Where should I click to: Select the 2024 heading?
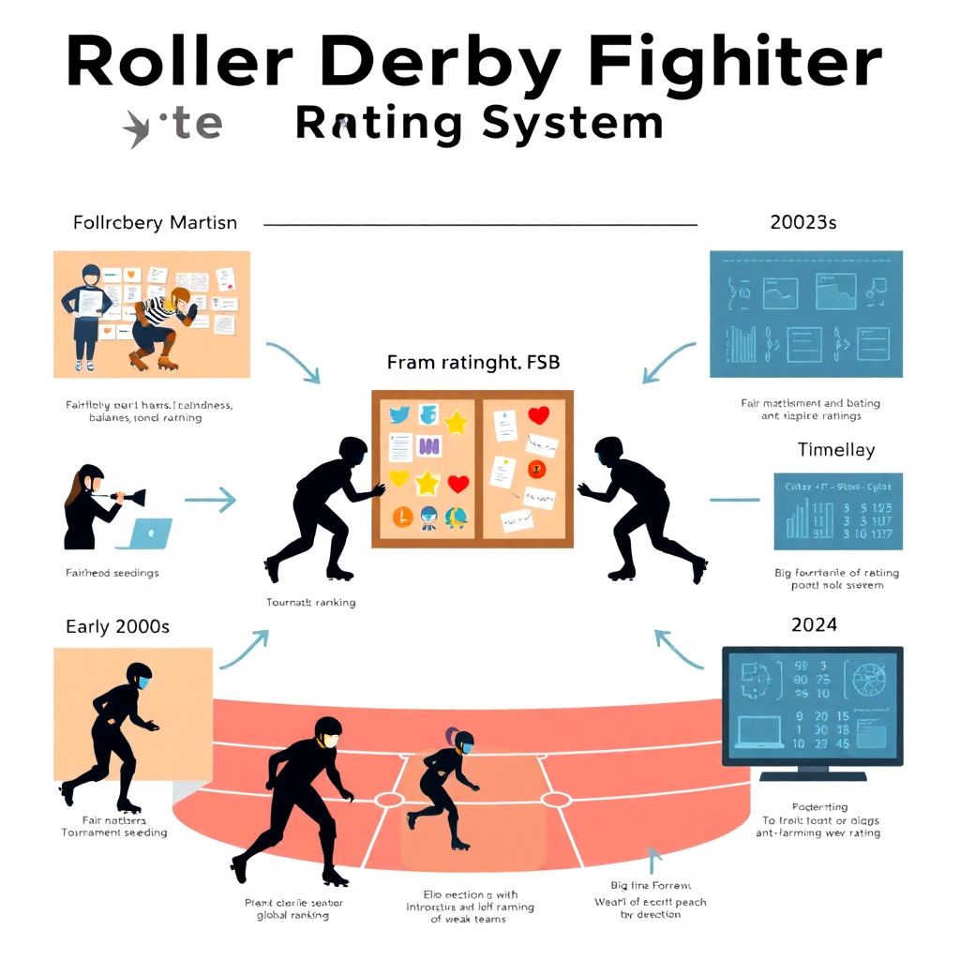point(814,624)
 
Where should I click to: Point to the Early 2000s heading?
point(117,626)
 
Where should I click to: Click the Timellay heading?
point(835,450)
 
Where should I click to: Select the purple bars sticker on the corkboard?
point(428,448)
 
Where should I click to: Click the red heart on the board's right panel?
point(538,414)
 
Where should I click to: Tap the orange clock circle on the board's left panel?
point(398,515)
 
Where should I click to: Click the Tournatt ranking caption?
point(311,602)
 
